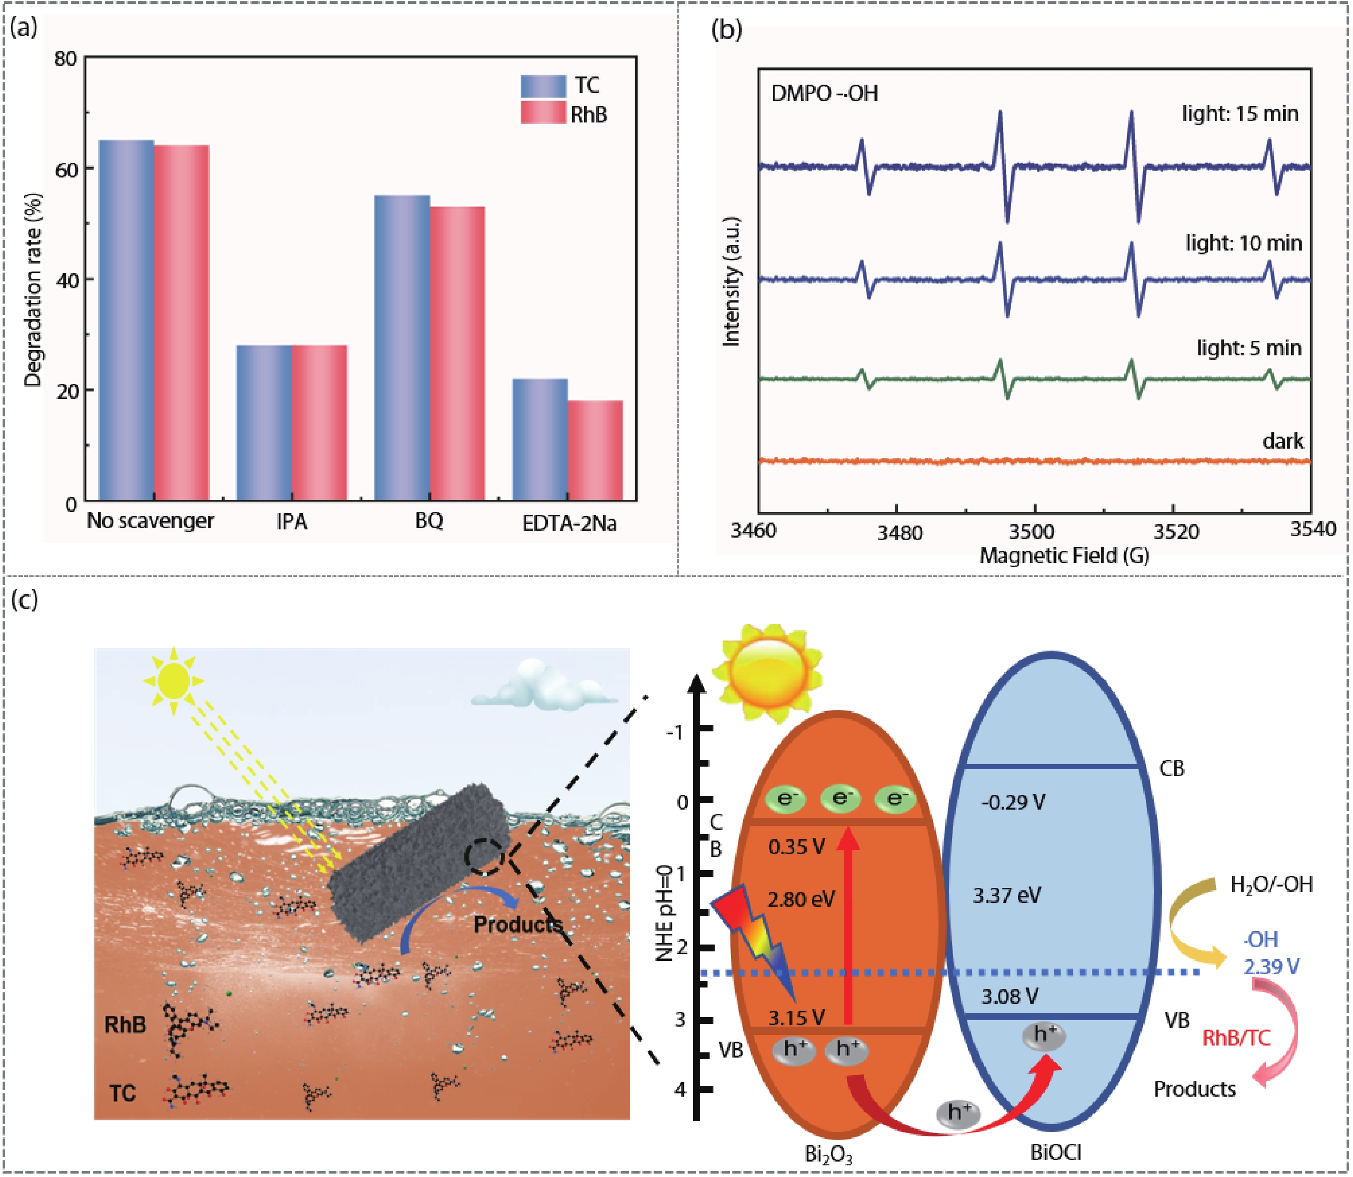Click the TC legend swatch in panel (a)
[543, 86]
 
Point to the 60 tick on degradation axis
[66, 169]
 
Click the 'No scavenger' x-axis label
[150, 521]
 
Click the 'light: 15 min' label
[1240, 113]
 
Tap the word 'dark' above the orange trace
[1282, 441]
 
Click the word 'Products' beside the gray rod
[518, 924]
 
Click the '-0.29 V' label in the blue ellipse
[1012, 802]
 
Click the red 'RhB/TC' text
[1236, 1038]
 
